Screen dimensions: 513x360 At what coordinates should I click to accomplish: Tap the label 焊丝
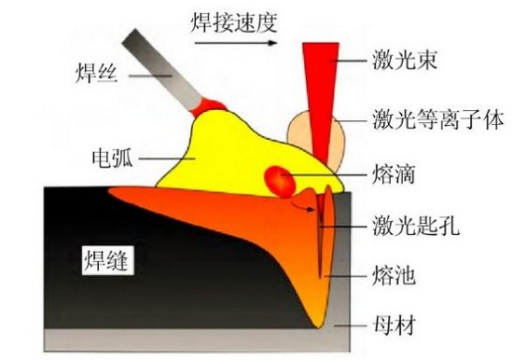(x=93, y=71)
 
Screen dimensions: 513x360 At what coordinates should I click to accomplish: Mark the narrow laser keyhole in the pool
(x=320, y=233)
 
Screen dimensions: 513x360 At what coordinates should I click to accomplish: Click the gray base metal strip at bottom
(x=187, y=338)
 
